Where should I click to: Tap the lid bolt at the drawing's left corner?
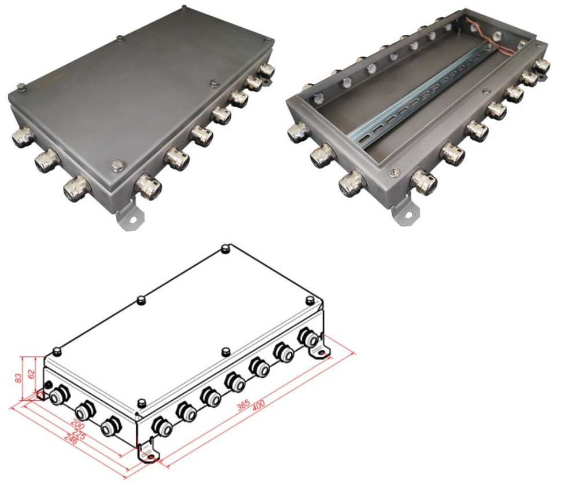tap(57, 351)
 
